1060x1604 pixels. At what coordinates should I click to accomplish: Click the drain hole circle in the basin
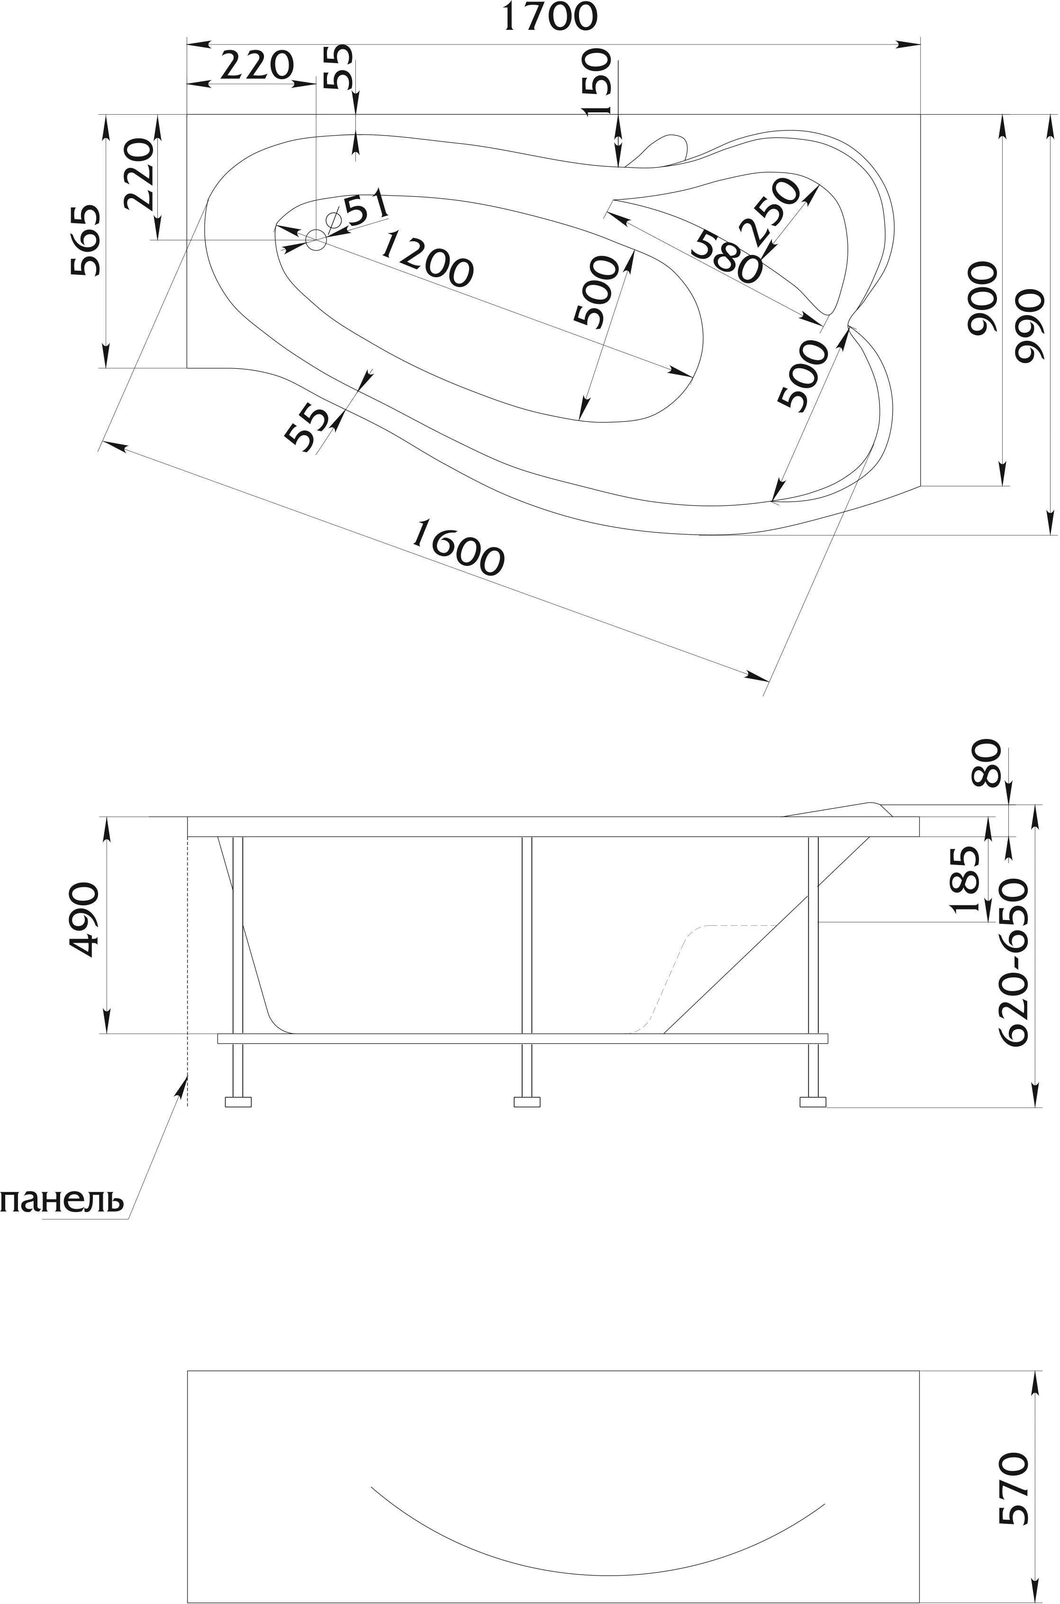coord(316,239)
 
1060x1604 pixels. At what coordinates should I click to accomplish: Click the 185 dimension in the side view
coord(965,880)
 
